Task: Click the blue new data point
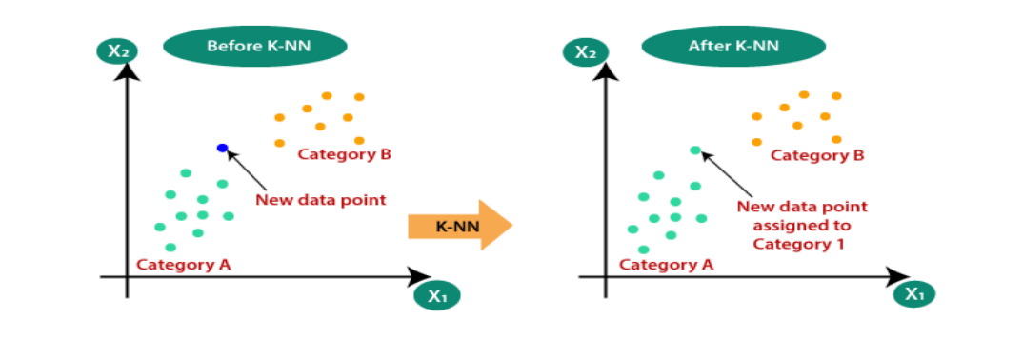[222, 148]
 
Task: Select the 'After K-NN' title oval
[728, 46]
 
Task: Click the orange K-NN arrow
[460, 226]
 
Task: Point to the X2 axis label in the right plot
[592, 50]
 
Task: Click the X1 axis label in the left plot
[437, 295]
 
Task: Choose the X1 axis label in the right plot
[914, 293]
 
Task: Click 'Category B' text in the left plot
[345, 153]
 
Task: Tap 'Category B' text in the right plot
[817, 154]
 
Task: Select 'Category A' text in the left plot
[184, 264]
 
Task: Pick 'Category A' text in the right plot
[666, 265]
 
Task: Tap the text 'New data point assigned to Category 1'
[805, 225]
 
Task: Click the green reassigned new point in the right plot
[695, 150]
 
